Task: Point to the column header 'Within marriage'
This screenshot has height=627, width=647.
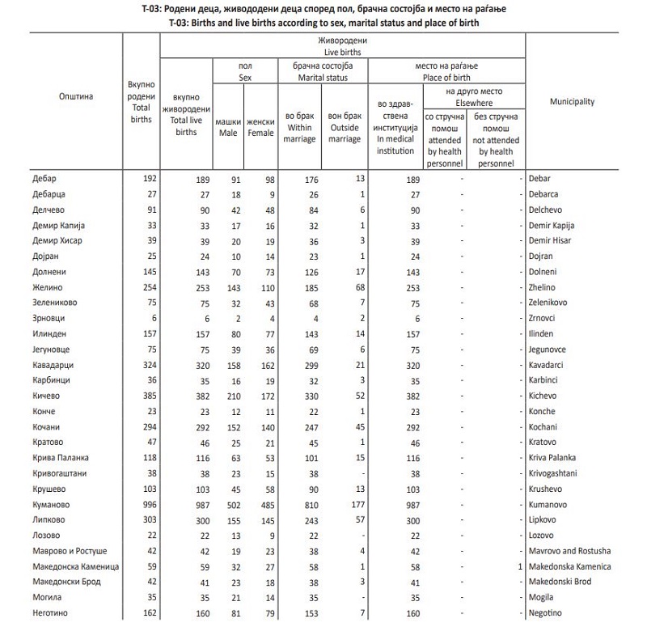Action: [x=300, y=133]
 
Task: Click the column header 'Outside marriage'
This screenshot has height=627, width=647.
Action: [x=345, y=133]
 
